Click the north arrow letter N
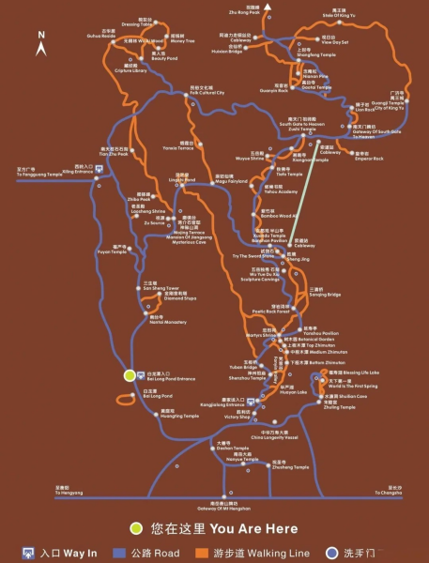[x=41, y=35]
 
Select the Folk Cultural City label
[x=206, y=92]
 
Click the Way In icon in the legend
[x=31, y=554]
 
